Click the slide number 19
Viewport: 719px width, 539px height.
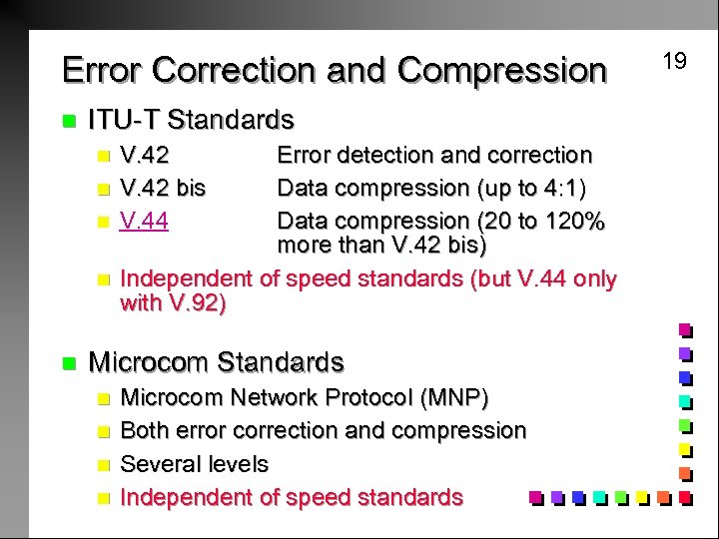tap(675, 61)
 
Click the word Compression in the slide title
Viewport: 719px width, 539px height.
tap(501, 71)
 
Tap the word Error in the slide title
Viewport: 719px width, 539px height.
tap(101, 71)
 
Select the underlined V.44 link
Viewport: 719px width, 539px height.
tap(144, 221)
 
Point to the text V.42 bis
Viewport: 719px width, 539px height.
tap(163, 188)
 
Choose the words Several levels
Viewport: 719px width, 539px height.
tap(194, 464)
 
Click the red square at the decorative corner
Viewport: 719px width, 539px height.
tap(685, 496)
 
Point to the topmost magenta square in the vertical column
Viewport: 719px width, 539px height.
tap(685, 329)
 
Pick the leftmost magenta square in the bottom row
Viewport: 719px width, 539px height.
tap(535, 496)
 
